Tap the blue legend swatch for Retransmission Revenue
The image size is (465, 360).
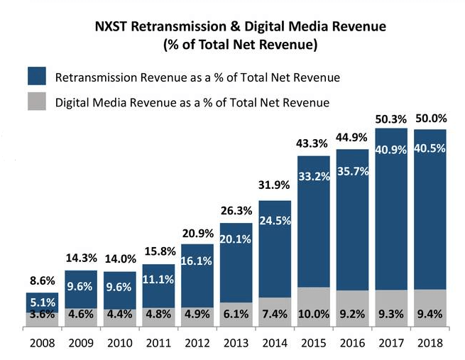point(36,77)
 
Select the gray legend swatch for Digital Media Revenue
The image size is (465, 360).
point(36,102)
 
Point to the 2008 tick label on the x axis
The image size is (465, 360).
point(42,344)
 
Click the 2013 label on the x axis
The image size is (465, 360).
point(236,344)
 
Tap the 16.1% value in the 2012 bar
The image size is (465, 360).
point(197,260)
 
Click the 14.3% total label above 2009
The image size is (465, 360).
point(80,259)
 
